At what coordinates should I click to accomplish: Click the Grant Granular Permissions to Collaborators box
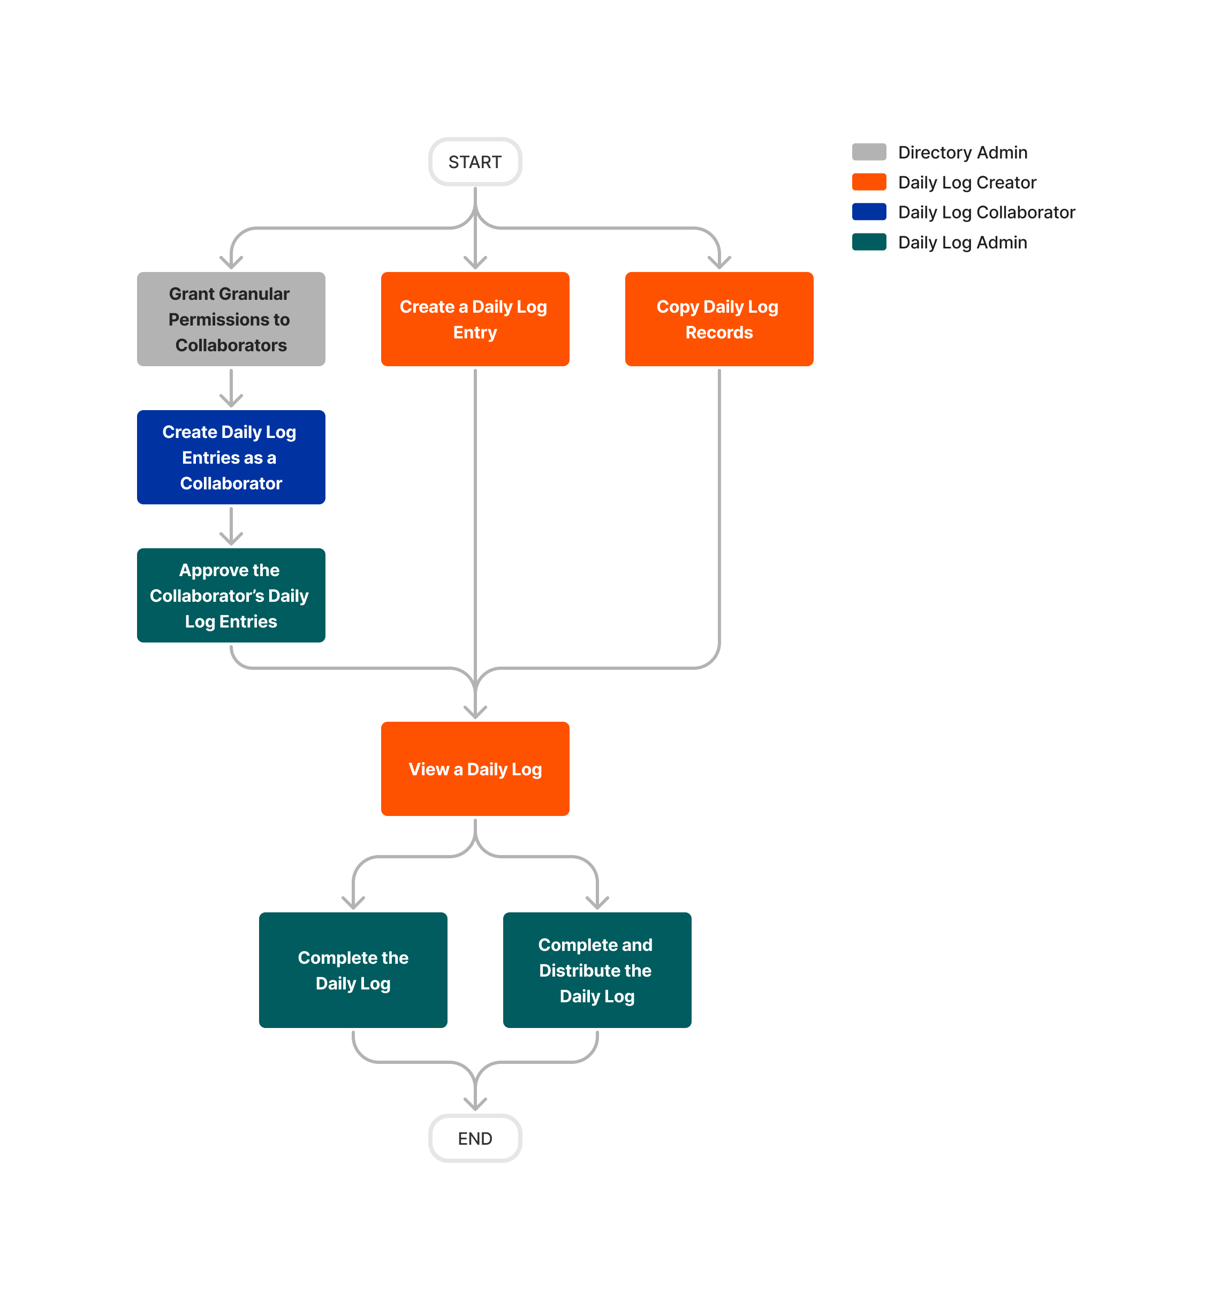click(x=231, y=319)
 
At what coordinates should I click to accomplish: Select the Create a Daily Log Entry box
click(x=475, y=319)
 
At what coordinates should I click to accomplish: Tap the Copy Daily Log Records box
click(x=718, y=319)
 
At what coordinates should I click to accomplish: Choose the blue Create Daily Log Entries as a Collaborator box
click(x=231, y=457)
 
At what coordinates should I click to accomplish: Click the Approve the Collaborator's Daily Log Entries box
click(x=231, y=595)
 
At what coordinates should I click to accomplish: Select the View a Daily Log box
click(x=475, y=768)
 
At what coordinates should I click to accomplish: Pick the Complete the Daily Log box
click(x=353, y=970)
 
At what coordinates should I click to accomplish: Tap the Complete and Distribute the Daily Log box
click(x=597, y=970)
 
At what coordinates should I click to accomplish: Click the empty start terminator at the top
click(x=475, y=162)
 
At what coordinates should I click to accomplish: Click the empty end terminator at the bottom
click(x=475, y=1138)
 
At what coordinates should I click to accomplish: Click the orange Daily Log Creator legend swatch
click(x=869, y=182)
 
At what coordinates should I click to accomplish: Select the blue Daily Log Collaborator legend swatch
click(x=869, y=212)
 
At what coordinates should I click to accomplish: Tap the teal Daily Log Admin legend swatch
click(x=869, y=242)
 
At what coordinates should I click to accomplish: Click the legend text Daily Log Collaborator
click(x=986, y=213)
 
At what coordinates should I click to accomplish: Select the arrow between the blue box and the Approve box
click(x=231, y=526)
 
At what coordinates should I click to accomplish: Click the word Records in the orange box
click(x=718, y=332)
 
